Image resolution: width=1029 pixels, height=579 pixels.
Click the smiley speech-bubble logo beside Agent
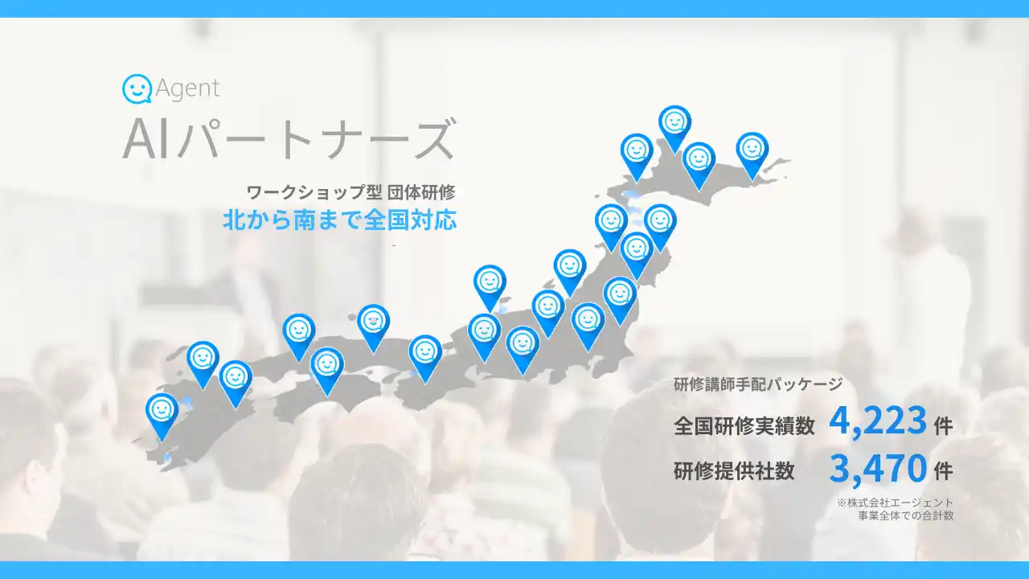click(x=137, y=88)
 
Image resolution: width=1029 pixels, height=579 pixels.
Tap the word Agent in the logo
click(x=187, y=88)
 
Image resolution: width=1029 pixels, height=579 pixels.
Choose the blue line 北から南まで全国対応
click(x=339, y=220)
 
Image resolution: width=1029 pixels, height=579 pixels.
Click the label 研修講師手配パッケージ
click(x=758, y=384)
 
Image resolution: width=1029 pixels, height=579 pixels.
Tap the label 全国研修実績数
click(x=744, y=425)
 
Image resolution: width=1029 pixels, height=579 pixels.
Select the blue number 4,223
click(x=877, y=421)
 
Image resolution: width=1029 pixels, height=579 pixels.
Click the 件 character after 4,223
click(x=944, y=425)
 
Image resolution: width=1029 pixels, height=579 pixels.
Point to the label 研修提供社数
click(x=733, y=471)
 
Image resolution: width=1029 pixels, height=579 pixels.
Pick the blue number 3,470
click(x=877, y=468)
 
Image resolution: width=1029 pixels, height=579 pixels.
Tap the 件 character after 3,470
click(x=944, y=470)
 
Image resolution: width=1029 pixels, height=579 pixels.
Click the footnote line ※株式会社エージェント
click(x=895, y=503)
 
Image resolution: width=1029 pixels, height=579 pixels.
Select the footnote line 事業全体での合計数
click(x=906, y=515)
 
